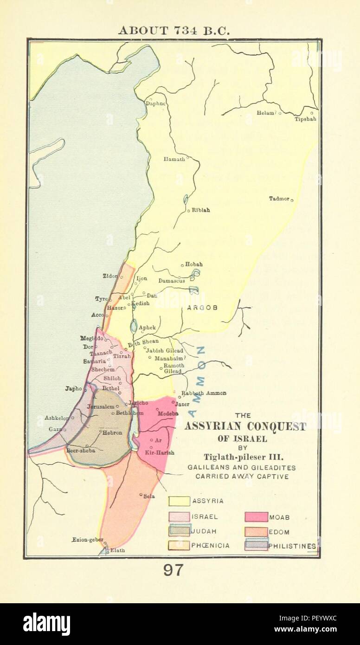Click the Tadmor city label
pyautogui.click(x=279, y=199)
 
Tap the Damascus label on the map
pyautogui.click(x=172, y=281)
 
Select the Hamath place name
pyautogui.click(x=174, y=159)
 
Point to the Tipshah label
pyautogui.click(x=305, y=119)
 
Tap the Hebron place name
pyautogui.click(x=112, y=432)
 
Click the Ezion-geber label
pyautogui.click(x=86, y=540)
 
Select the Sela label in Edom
pyautogui.click(x=149, y=496)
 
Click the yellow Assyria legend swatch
pyautogui.click(x=179, y=501)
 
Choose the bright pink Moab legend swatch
pyautogui.click(x=256, y=517)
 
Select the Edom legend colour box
pyautogui.click(x=256, y=532)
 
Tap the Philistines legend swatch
pyautogui.click(x=256, y=546)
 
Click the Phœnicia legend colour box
pyautogui.click(x=179, y=546)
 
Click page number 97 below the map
pyautogui.click(x=173, y=570)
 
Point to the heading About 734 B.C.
pyautogui.click(x=174, y=31)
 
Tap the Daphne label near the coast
pyautogui.click(x=156, y=103)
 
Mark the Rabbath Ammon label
pyautogui.click(x=204, y=393)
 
